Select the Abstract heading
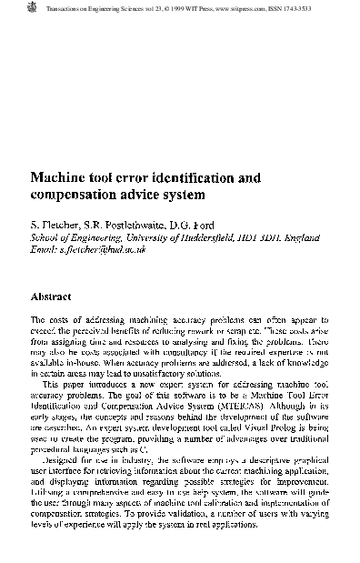tap(51, 297)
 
